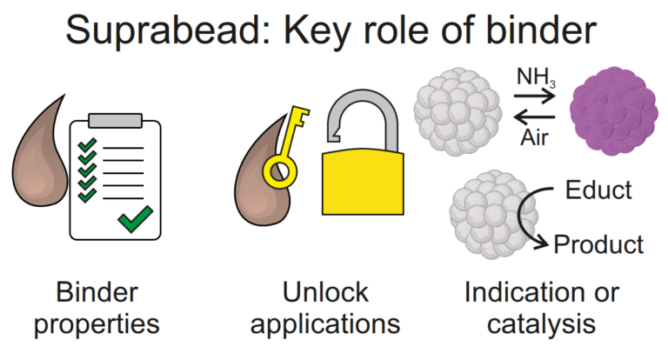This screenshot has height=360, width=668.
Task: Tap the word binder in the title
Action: click(x=541, y=30)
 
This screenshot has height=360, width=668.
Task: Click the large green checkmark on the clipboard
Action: click(x=135, y=218)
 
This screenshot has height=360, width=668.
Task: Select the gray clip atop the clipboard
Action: click(x=115, y=120)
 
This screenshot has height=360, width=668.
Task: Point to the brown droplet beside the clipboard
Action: click(x=40, y=162)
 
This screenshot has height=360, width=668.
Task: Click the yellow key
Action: click(x=284, y=149)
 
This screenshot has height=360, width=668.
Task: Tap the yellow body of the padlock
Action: click(x=363, y=183)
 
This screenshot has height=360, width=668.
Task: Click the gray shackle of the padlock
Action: click(x=363, y=106)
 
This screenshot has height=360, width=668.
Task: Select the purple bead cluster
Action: click(x=613, y=110)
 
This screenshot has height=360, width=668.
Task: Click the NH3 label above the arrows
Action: click(x=536, y=77)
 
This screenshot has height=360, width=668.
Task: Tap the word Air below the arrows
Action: click(x=534, y=137)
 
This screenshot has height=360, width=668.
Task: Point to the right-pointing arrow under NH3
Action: click(x=535, y=97)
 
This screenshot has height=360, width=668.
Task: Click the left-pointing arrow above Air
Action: click(x=535, y=117)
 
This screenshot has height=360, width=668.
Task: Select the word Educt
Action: click(x=598, y=190)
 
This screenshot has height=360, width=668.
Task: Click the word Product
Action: click(x=598, y=244)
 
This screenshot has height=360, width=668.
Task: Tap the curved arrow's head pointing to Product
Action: click(x=542, y=243)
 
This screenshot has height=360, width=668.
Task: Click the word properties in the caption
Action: click(x=97, y=325)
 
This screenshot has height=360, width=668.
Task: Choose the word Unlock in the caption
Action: click(x=325, y=292)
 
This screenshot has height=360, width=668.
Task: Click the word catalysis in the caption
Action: click(x=541, y=325)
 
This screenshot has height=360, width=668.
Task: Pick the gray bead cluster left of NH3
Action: click(x=458, y=111)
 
